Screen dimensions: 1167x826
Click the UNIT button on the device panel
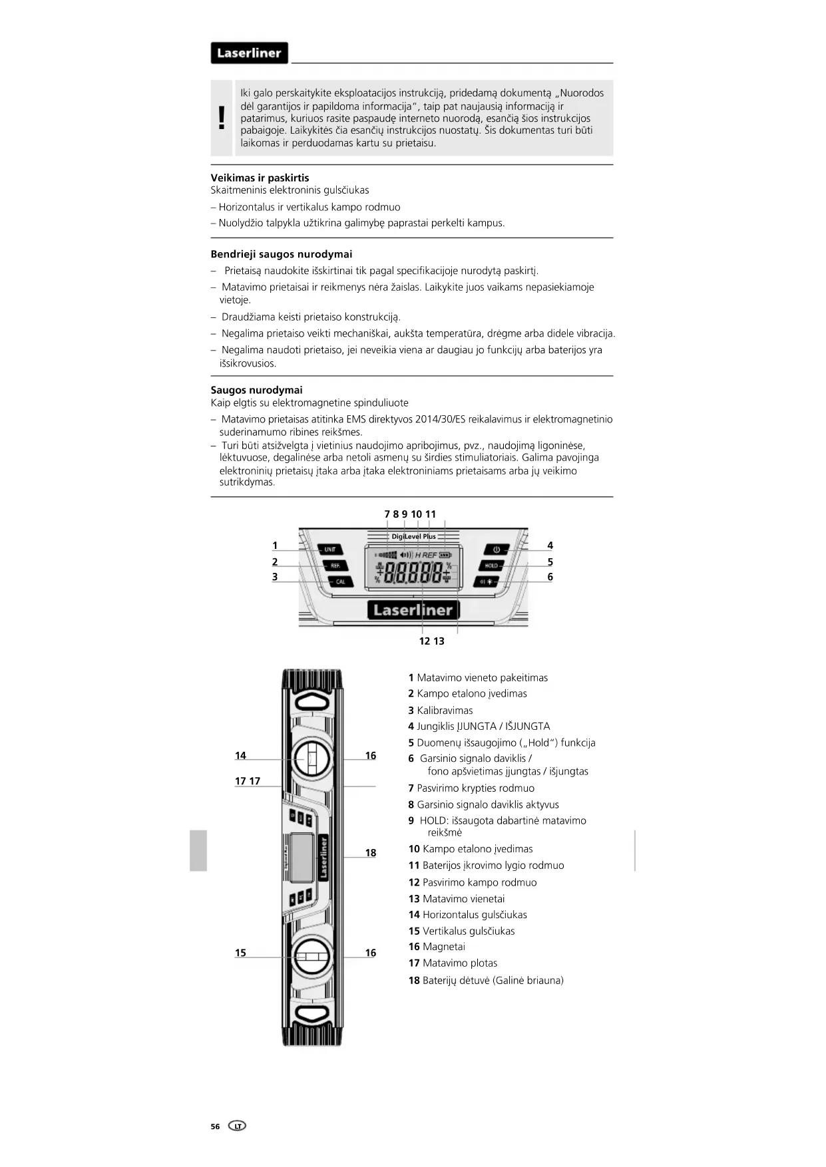pyautogui.click(x=330, y=550)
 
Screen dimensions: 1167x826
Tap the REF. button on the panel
pyautogui.click(x=335, y=566)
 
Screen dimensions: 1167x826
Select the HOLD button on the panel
pyautogui.click(x=491, y=566)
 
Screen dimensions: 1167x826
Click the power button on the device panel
pyautogui.click(x=496, y=550)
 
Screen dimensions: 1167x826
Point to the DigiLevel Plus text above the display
pyautogui.click(x=413, y=536)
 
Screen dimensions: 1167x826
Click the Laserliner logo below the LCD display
pyautogui.click(x=413, y=609)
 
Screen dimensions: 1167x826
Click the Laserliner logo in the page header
pyautogui.click(x=249, y=53)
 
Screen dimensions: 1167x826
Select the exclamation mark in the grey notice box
pyautogui.click(x=222, y=118)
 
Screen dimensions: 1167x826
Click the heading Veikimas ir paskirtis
pyautogui.click(x=260, y=178)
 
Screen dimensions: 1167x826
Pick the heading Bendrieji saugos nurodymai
pyautogui.click(x=281, y=254)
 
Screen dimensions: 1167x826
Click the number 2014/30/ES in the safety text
pyautogui.click(x=440, y=419)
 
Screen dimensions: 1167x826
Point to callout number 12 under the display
pyautogui.click(x=425, y=641)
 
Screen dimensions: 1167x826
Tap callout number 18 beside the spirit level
pyautogui.click(x=371, y=853)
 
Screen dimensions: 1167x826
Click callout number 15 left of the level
pyautogui.click(x=240, y=953)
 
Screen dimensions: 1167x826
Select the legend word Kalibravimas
pyautogui.click(x=445, y=710)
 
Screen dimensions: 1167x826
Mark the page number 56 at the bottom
pyautogui.click(x=215, y=1126)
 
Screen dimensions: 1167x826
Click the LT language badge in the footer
pyautogui.click(x=237, y=1126)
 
